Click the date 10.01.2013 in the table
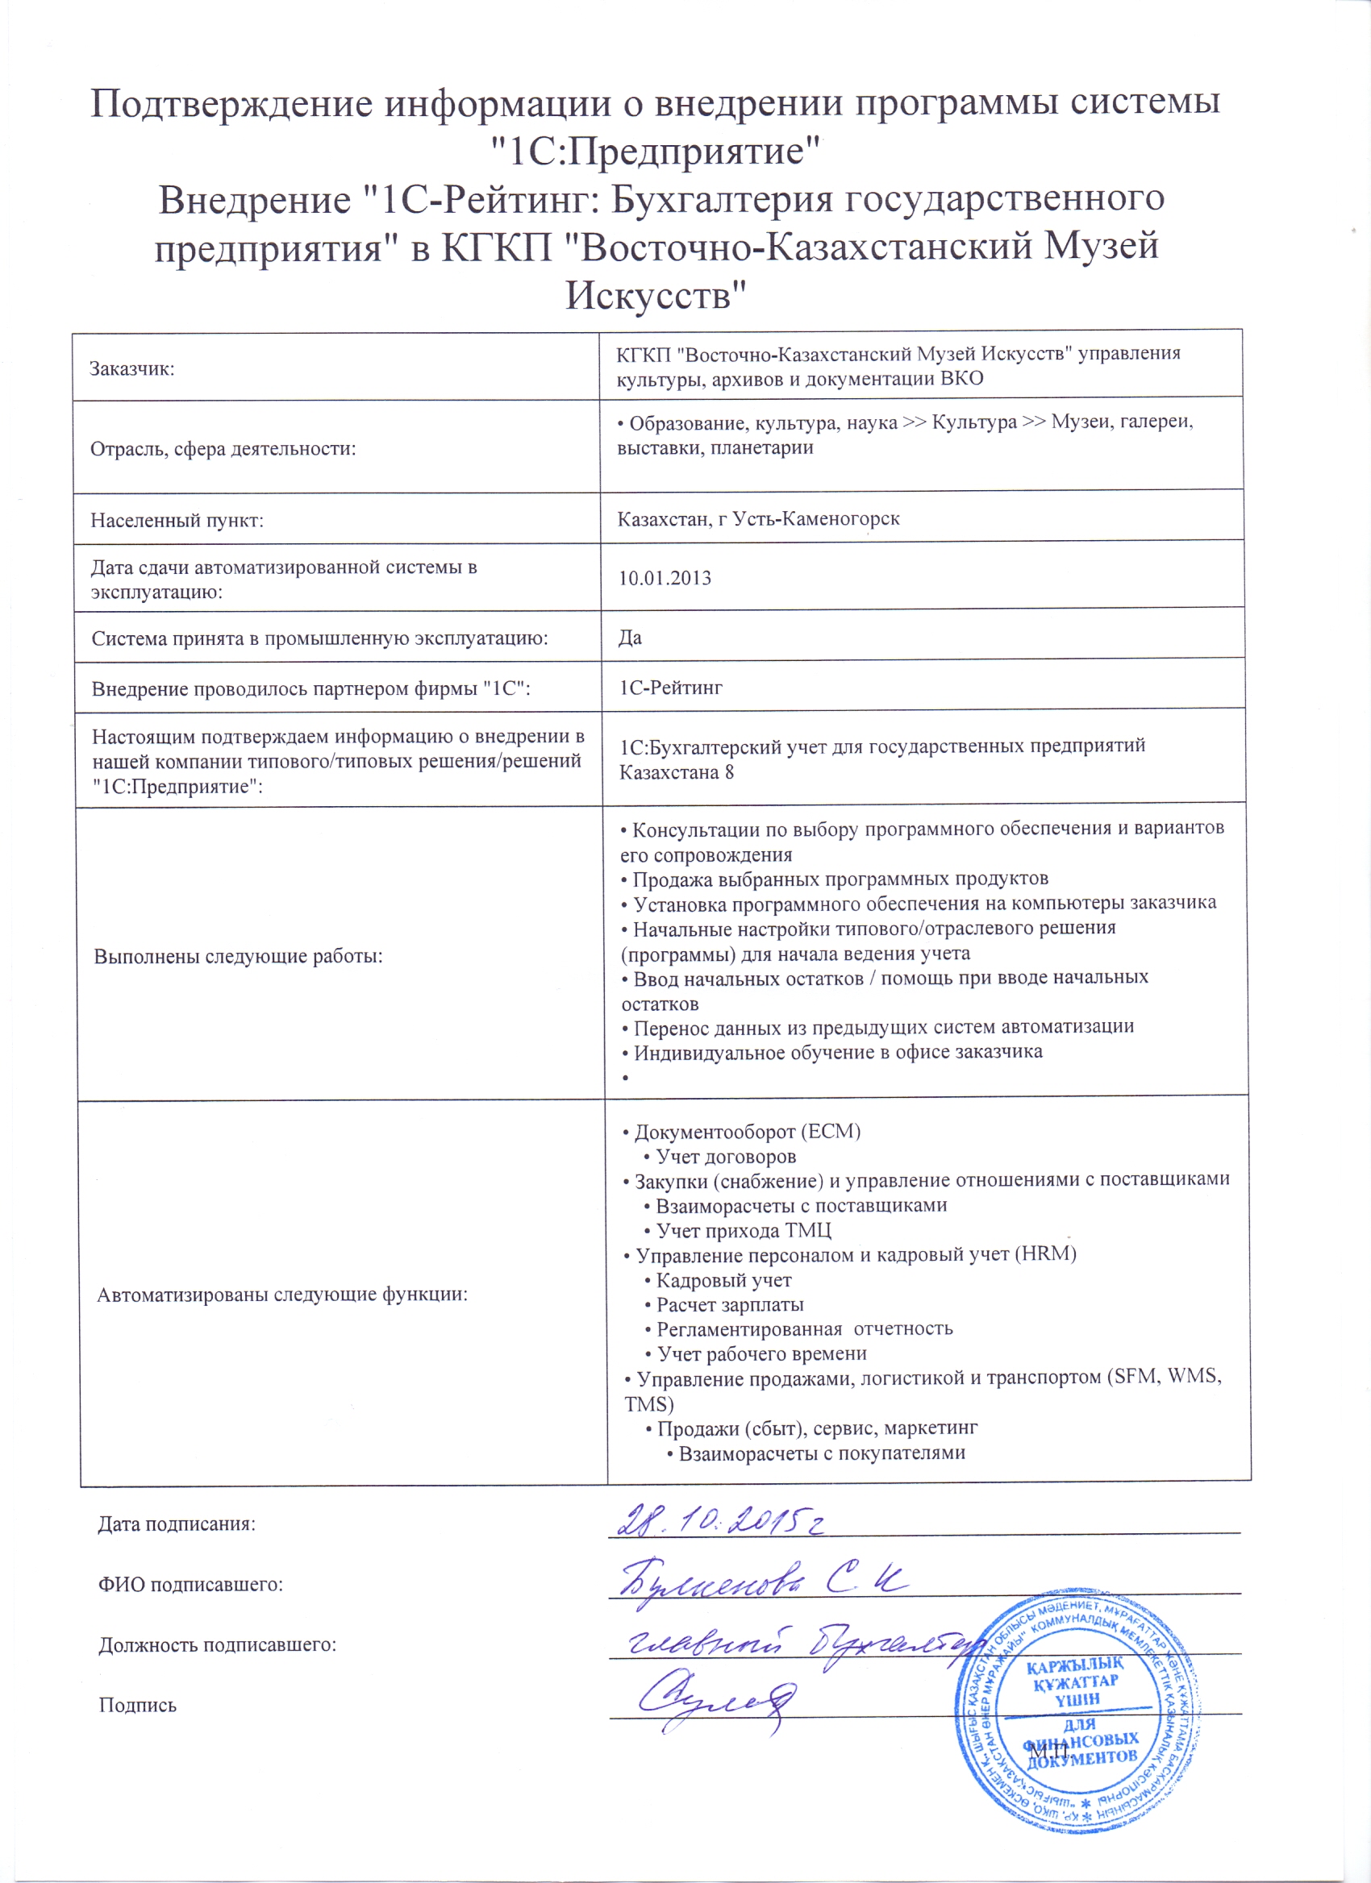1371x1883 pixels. tap(665, 578)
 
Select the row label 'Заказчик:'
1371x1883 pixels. tap(132, 369)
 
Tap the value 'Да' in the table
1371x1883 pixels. tap(631, 638)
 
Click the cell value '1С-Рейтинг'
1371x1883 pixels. tap(671, 688)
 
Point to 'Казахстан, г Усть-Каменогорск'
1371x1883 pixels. tap(758, 520)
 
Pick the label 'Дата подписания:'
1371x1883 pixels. tap(177, 1524)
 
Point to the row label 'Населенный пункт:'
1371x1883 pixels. tap(177, 522)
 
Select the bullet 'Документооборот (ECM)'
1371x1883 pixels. tap(748, 1132)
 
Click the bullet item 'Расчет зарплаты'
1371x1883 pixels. tap(730, 1304)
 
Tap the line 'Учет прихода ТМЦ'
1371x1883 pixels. tap(744, 1230)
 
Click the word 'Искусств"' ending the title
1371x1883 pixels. tap(656, 295)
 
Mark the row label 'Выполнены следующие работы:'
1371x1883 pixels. tap(239, 956)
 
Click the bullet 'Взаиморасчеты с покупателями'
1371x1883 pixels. tap(821, 1453)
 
